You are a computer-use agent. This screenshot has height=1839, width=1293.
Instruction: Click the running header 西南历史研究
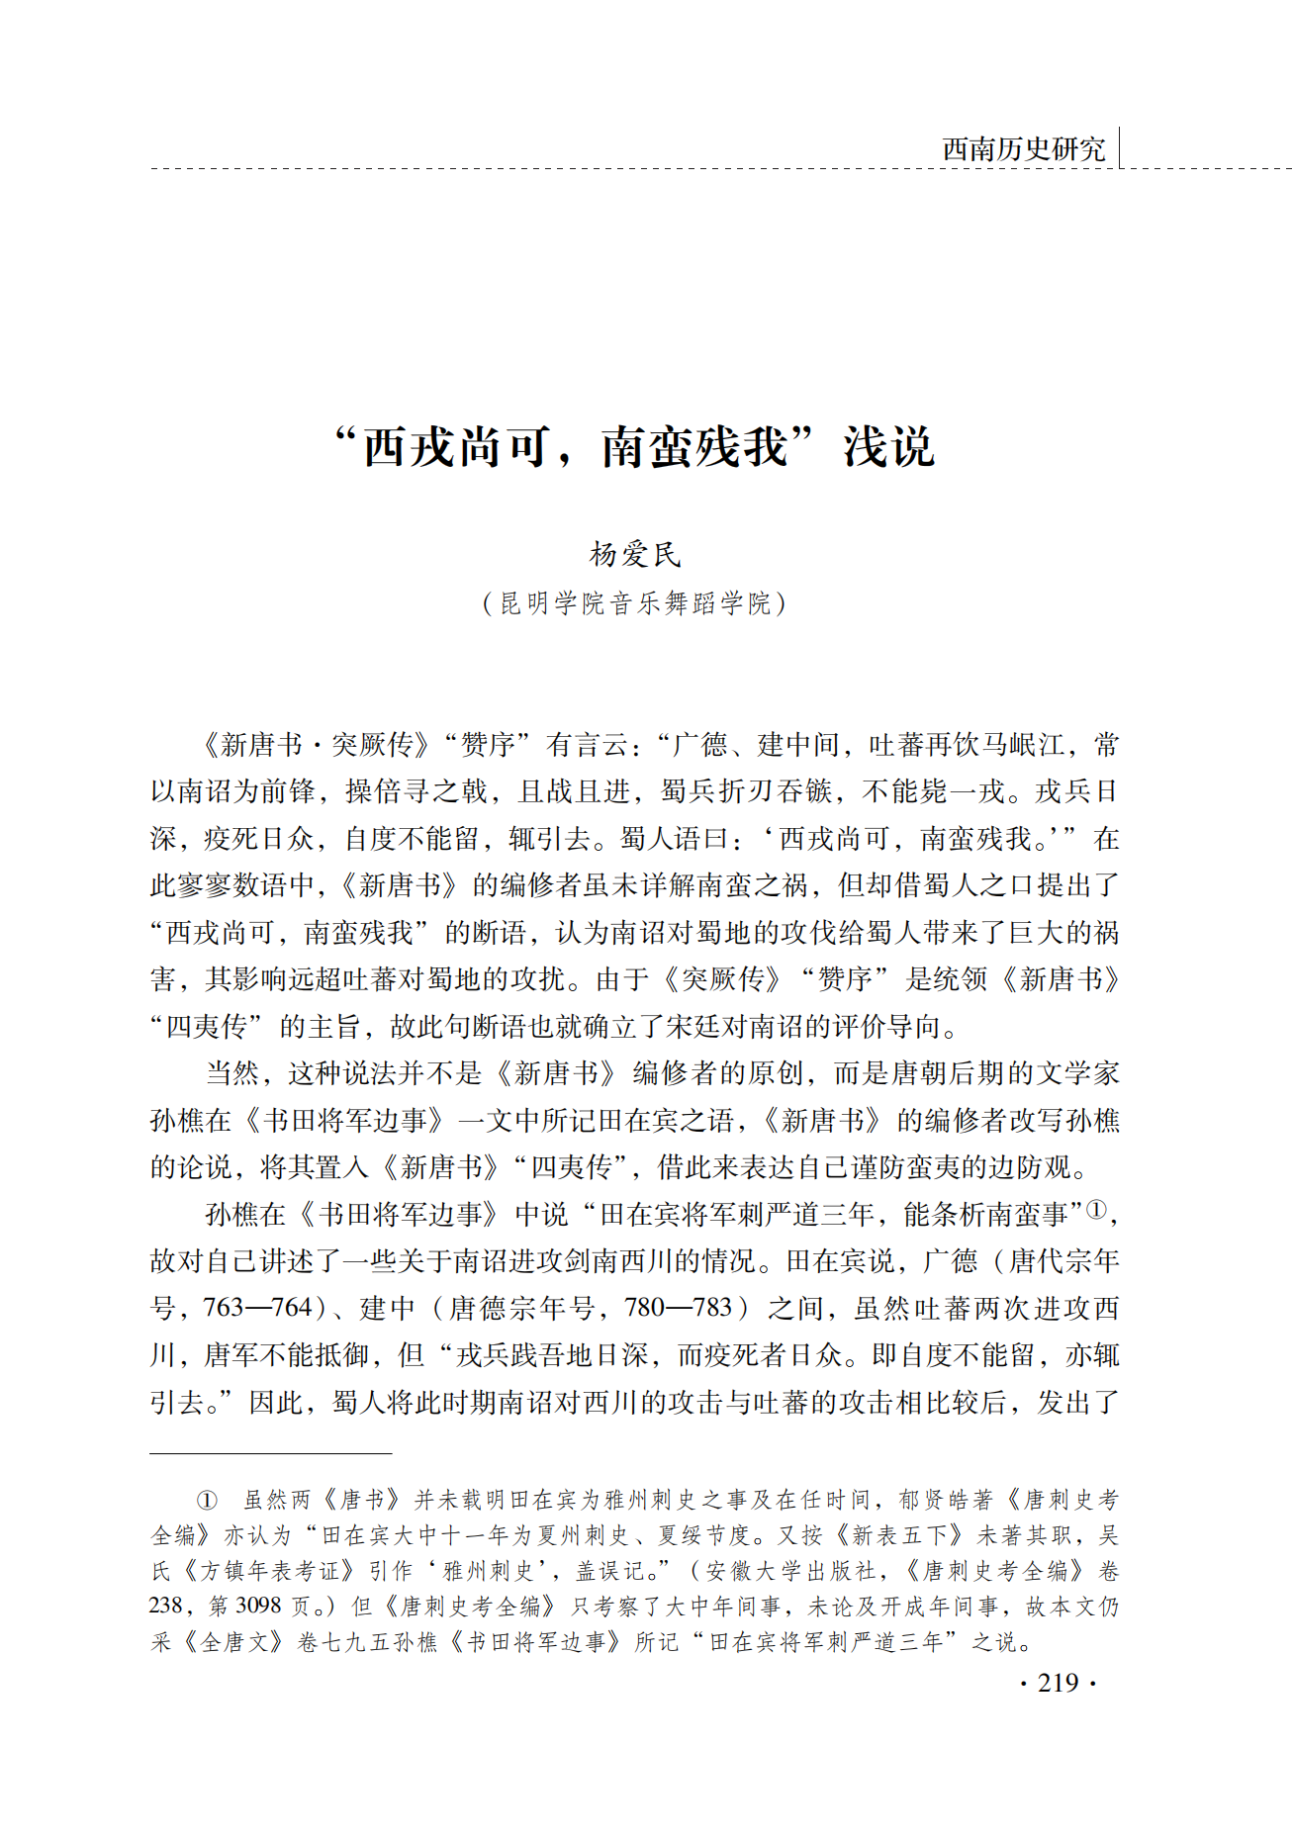[1023, 149]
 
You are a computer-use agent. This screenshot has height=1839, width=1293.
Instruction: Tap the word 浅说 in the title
[888, 447]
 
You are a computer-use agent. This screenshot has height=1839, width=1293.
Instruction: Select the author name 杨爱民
[635, 555]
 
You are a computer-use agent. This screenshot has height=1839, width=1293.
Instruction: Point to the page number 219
[1058, 1682]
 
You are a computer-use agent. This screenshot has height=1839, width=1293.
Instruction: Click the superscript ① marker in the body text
[1096, 1209]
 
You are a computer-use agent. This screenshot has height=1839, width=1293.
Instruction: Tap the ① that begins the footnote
[206, 1501]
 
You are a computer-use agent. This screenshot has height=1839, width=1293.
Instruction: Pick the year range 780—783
[679, 1308]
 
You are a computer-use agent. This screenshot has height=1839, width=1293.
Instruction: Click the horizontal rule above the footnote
[271, 1453]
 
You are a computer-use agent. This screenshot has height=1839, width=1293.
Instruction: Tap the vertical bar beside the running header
[1119, 148]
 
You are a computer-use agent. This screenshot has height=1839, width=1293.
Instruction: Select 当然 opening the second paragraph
[231, 1073]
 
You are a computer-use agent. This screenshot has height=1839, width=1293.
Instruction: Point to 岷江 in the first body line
[1039, 745]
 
